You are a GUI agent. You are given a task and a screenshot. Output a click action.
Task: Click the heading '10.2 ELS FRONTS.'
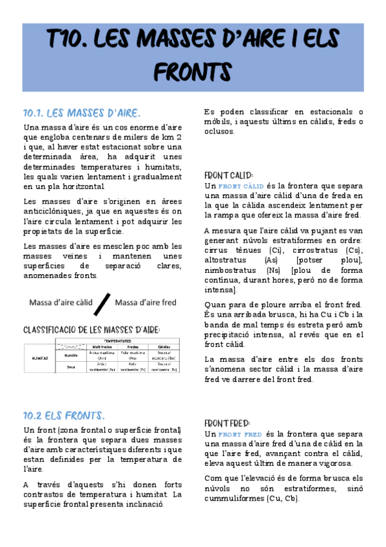point(64,415)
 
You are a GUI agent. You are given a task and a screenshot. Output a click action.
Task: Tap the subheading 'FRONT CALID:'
point(228,175)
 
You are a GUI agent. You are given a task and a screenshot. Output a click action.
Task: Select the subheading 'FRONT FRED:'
point(227,423)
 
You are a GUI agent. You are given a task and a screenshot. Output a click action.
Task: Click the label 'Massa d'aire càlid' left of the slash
point(61,303)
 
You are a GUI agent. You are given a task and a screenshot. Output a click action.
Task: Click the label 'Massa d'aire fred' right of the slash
point(145,303)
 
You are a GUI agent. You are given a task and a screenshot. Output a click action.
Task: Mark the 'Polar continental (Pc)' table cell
point(133,366)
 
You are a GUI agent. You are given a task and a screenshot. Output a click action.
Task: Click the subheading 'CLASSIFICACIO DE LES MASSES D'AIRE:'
point(91,329)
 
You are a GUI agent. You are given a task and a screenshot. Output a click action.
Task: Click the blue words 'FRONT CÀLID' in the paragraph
point(238,186)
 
